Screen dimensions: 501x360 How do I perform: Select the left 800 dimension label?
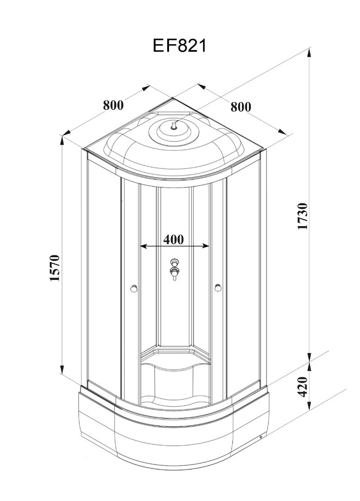[113, 105]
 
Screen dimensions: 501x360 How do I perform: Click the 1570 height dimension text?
[55, 268]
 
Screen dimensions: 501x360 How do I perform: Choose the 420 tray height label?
[303, 386]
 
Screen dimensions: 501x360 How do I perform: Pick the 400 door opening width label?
[174, 240]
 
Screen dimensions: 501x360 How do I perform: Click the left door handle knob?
[134, 288]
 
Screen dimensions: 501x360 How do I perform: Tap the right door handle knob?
[218, 288]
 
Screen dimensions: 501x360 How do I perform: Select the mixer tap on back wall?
[174, 269]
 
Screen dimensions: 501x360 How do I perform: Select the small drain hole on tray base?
[261, 437]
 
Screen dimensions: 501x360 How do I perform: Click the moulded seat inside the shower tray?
[174, 371]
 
